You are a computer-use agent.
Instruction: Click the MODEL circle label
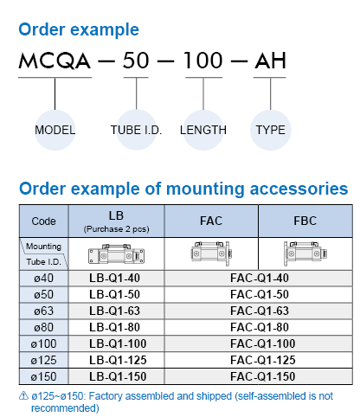[55, 130]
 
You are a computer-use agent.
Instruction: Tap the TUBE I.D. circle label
[136, 130]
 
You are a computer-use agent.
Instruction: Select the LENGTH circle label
[203, 130]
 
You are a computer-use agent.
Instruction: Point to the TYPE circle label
[271, 130]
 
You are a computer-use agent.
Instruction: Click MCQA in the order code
[55, 61]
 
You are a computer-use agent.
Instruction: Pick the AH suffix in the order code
[270, 61]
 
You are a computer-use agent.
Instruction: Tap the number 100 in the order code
[203, 61]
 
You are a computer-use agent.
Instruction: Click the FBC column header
[305, 221]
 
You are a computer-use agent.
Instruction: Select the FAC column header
[211, 221]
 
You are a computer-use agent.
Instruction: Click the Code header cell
[44, 221]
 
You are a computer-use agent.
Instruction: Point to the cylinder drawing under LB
[116, 254]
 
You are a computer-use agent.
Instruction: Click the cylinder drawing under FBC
[305, 253]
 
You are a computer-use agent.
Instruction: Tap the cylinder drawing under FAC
[211, 253]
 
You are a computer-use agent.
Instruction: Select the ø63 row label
[44, 311]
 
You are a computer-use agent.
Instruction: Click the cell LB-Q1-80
[114, 328]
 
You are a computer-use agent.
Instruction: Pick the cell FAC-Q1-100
[263, 344]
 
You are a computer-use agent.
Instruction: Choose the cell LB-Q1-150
[118, 377]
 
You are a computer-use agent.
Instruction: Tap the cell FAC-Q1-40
[260, 279]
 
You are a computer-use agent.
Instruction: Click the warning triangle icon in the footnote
[23, 395]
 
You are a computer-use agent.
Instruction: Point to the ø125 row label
[44, 361]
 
